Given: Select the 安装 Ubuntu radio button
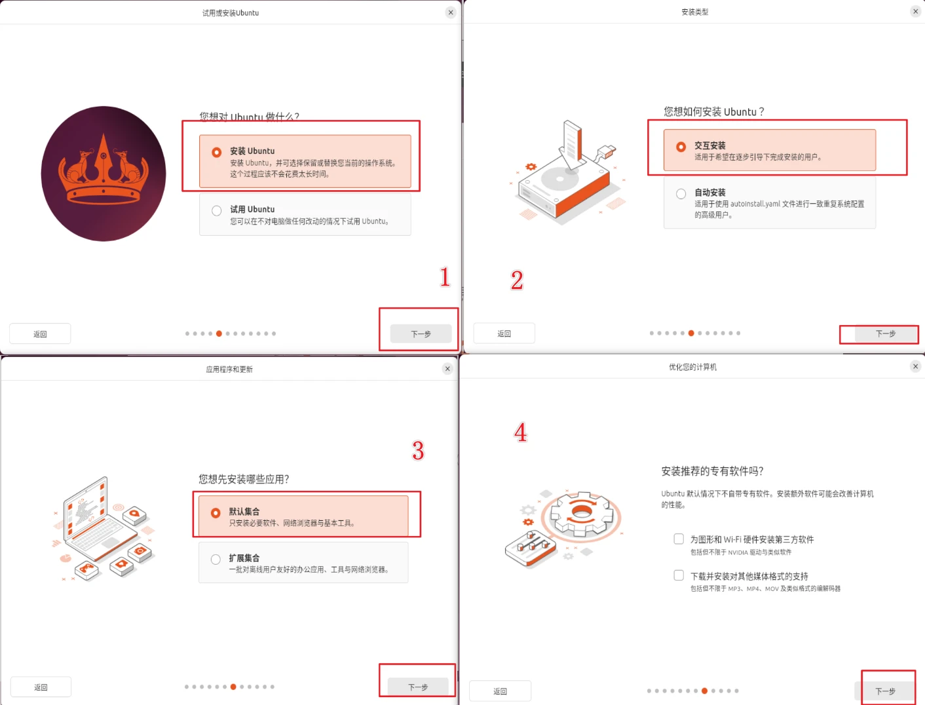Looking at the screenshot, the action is [217, 152].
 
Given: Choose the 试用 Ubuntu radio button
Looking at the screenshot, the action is [217, 210].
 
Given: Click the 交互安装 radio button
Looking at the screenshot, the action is [681, 147].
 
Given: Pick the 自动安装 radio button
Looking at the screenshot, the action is [681, 194].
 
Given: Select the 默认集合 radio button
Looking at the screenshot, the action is [216, 513].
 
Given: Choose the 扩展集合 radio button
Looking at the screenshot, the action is [216, 559].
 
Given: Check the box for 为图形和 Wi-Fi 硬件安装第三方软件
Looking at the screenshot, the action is [679, 539].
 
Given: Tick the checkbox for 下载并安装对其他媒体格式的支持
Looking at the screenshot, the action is [679, 575].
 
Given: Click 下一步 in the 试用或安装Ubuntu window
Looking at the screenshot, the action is [421, 333].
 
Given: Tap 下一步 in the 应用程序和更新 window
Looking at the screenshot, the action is [417, 687].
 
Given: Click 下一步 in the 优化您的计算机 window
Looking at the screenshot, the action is [885, 691].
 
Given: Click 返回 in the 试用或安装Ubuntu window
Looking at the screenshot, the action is [40, 333].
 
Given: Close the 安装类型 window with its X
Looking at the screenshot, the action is [915, 11].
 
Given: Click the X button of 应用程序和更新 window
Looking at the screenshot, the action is [447, 369].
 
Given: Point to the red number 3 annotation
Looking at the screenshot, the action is [417, 451].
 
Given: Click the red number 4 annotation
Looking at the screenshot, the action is [520, 432].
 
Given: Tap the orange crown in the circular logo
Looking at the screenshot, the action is [104, 171].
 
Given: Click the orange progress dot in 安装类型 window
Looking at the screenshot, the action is [691, 333].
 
